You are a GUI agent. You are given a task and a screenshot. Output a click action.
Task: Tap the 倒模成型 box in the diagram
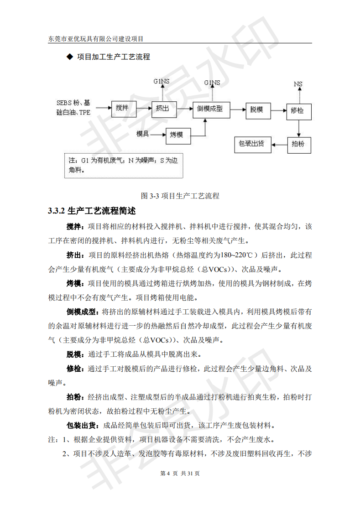pyautogui.click(x=210, y=109)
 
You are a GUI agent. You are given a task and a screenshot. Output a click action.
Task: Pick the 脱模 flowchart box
pyautogui.click(x=257, y=110)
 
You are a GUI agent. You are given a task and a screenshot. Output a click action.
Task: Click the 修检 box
pyautogui.click(x=298, y=110)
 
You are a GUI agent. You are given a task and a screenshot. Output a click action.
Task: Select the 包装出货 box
pyautogui.click(x=252, y=144)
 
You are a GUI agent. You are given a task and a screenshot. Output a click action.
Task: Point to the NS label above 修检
pyautogui.click(x=298, y=84)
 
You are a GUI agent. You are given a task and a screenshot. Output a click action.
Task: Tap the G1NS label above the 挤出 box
pyautogui.click(x=162, y=82)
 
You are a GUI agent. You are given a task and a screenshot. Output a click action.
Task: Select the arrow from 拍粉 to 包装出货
pyautogui.click(x=279, y=145)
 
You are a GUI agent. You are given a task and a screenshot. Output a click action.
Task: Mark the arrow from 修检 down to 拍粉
pyautogui.click(x=298, y=128)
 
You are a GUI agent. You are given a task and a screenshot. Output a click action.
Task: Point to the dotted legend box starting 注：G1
pyautogui.click(x=123, y=165)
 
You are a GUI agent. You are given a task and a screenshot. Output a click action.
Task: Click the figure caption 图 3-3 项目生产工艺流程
pyautogui.click(x=180, y=196)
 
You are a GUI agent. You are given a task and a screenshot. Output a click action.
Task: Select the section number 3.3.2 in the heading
pyautogui.click(x=57, y=211)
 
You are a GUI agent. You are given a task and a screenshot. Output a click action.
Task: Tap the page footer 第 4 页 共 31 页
pyautogui.click(x=180, y=473)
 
